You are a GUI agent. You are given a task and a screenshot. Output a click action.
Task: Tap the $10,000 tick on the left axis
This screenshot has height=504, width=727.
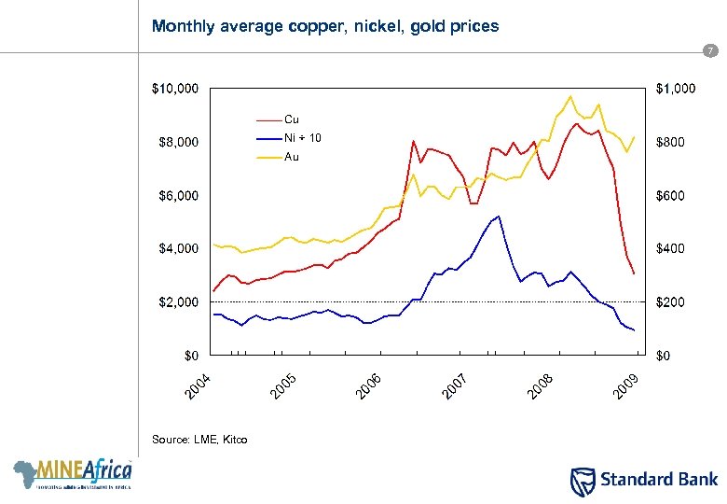click(174, 90)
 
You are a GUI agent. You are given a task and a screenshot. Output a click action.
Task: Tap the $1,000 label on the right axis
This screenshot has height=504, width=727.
click(674, 90)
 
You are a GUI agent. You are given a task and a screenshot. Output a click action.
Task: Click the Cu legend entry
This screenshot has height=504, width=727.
click(291, 119)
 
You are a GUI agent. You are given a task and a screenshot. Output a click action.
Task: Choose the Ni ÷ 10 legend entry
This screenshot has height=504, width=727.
click(303, 138)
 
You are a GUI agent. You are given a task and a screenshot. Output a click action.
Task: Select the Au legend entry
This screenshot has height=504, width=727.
click(291, 157)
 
